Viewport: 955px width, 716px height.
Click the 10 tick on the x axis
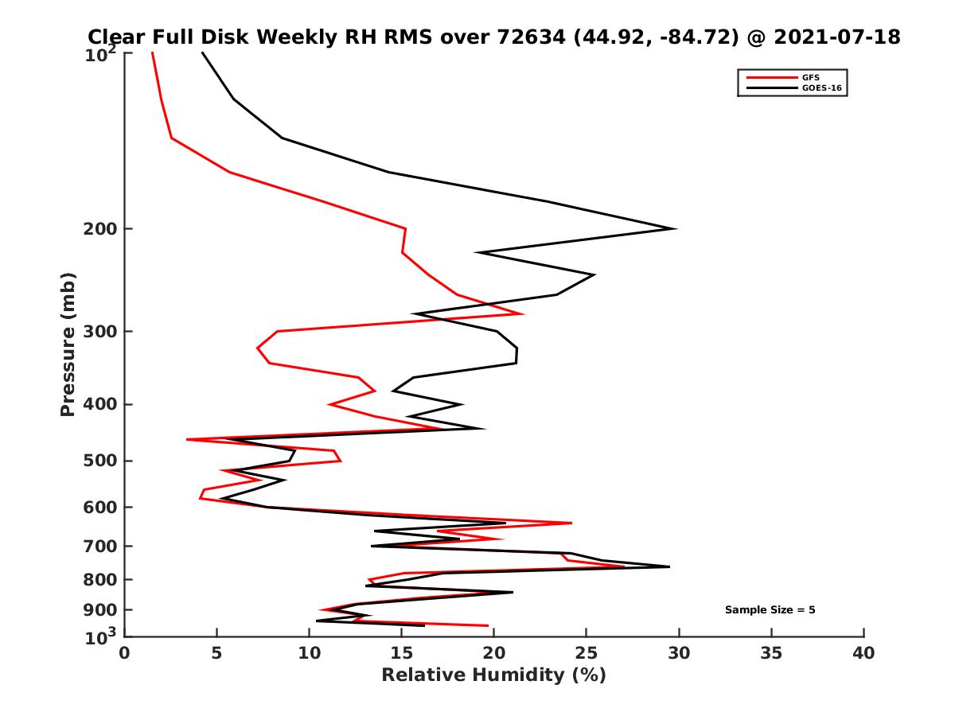tap(310, 653)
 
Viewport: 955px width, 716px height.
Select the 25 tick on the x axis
tap(587, 653)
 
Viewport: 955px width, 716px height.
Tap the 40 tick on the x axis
tap(863, 653)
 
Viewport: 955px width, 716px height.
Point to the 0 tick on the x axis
tap(125, 653)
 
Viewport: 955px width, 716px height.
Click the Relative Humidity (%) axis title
tap(493, 675)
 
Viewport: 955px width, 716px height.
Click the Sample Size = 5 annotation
tap(770, 610)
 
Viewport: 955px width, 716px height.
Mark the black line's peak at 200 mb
tap(676, 229)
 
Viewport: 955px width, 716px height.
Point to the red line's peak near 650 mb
tap(571, 523)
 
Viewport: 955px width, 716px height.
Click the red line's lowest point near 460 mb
tap(187, 439)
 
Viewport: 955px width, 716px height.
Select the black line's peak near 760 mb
tap(669, 566)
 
